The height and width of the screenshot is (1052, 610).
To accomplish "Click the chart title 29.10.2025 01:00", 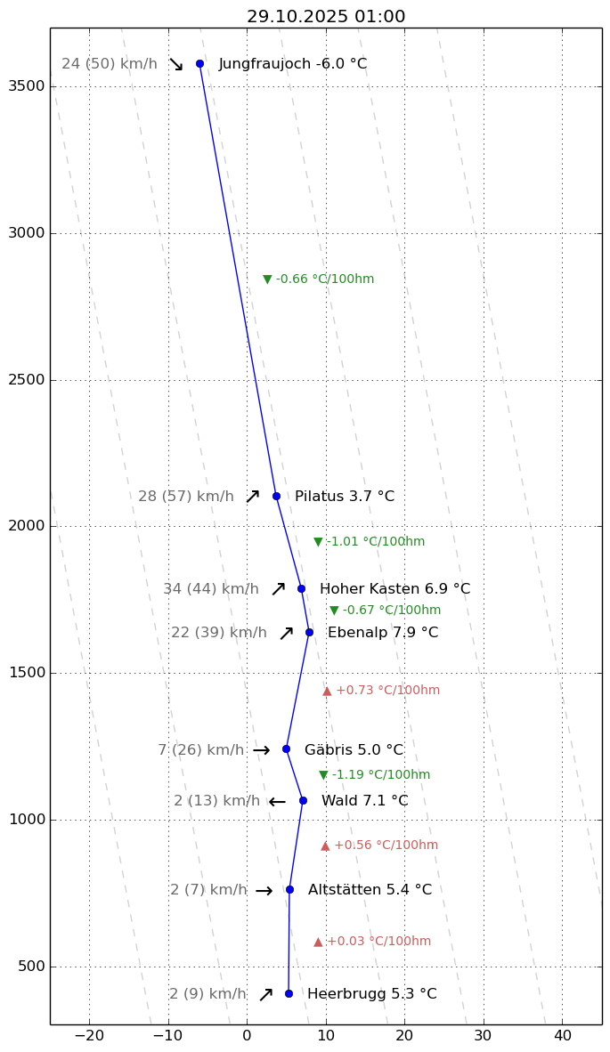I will click(326, 17).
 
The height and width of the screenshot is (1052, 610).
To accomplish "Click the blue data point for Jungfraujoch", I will click(199, 63).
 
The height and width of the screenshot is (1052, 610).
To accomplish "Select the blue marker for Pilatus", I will click(276, 496).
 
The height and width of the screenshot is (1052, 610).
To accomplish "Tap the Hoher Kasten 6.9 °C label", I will click(394, 589).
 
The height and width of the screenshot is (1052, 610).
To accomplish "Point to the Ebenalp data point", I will click(309, 632).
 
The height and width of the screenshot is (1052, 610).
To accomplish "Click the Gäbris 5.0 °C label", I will click(354, 750).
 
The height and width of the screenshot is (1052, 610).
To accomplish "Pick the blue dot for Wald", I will click(303, 800).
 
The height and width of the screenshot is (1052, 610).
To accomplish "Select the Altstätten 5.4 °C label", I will click(370, 890).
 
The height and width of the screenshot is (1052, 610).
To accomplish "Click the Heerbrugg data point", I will click(289, 993).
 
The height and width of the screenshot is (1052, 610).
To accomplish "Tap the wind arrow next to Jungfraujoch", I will click(176, 64).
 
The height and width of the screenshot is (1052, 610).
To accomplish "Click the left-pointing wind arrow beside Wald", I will click(277, 802).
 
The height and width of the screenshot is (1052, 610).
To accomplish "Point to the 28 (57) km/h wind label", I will click(186, 497).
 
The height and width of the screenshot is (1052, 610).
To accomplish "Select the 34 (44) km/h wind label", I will click(211, 589).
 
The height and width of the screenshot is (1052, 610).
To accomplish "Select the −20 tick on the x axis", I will click(89, 1036).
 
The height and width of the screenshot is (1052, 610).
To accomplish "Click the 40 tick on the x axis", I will click(563, 1036).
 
